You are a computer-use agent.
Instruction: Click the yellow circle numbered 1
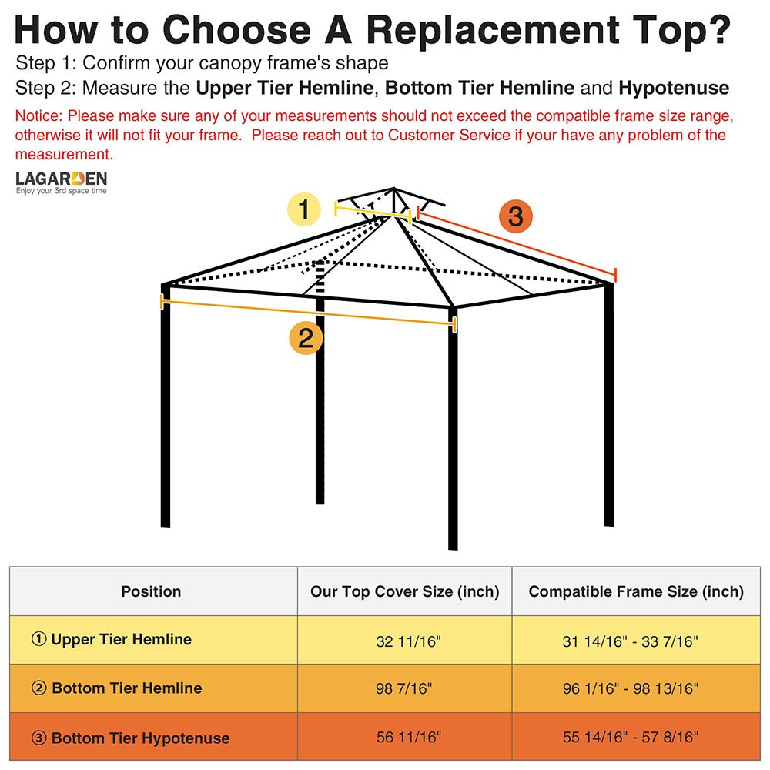click(x=304, y=209)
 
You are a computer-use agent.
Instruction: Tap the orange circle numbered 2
click(x=306, y=338)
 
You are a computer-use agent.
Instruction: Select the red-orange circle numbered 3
click(x=515, y=216)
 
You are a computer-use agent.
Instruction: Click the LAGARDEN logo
click(x=62, y=182)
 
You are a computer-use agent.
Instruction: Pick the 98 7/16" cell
click(x=404, y=688)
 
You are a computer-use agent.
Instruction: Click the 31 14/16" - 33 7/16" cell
click(x=630, y=641)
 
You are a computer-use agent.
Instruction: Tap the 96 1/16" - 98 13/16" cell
click(x=630, y=688)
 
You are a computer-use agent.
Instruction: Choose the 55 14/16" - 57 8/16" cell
click(x=630, y=737)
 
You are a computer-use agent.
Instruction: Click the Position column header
click(x=151, y=591)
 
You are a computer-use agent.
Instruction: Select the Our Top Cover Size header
click(x=404, y=591)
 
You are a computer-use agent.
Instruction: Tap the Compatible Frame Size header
click(x=636, y=591)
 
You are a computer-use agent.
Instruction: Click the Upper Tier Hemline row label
click(x=112, y=639)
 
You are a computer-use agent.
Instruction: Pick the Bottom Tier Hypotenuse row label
click(x=130, y=738)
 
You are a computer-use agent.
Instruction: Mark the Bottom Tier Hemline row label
click(x=117, y=688)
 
